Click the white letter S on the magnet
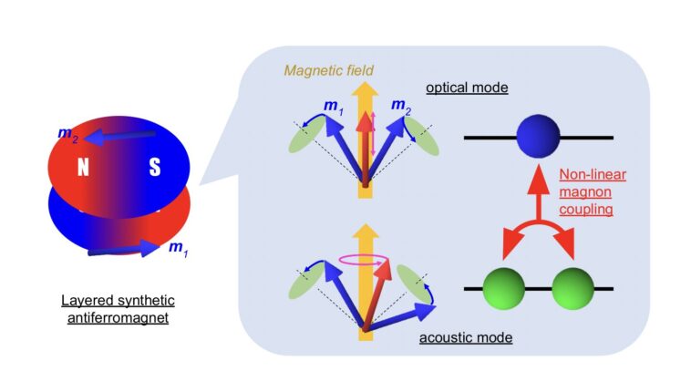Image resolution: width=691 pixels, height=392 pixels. pos(155,170)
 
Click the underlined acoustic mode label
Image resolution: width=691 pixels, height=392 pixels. pos(465,338)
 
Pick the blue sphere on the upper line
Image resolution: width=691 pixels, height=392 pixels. pos(538,137)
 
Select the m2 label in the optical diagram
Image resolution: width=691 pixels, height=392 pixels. pos(402,106)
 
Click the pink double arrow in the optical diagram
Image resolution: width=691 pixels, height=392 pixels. pos(372,137)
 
